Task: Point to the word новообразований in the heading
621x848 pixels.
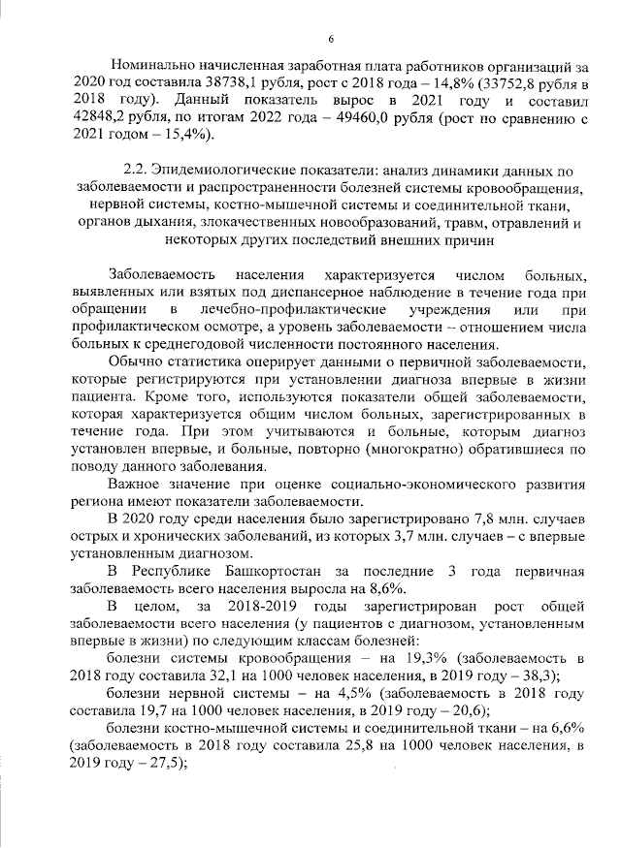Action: tap(341, 224)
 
